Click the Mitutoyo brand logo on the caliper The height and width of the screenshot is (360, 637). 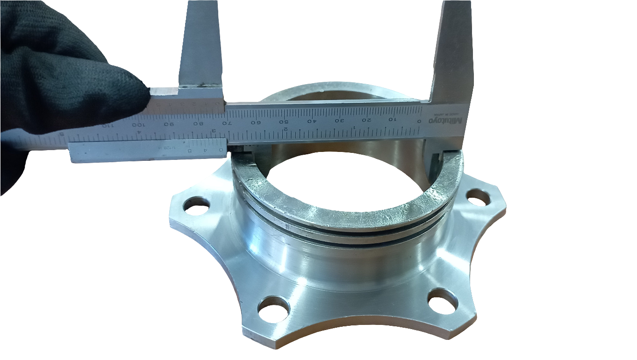coord(448,121)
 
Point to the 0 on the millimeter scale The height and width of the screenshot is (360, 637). coord(419,121)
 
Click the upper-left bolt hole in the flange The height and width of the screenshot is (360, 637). coord(197,206)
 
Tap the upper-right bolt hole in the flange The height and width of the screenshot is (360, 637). coord(477,198)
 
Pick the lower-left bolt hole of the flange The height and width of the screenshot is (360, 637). coord(273,309)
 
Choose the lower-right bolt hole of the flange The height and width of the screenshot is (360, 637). coord(442,301)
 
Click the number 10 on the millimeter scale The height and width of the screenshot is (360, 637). coord(392,120)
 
